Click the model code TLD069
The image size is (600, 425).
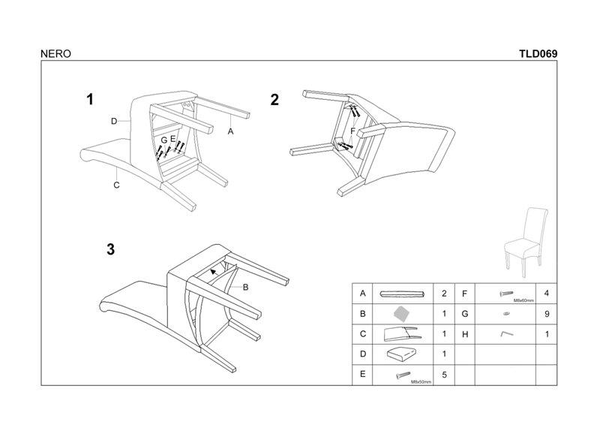pyautogui.click(x=537, y=54)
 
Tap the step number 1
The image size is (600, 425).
pyautogui.click(x=90, y=99)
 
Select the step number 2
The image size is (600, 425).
pyautogui.click(x=274, y=99)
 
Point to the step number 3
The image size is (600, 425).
pyautogui.click(x=110, y=251)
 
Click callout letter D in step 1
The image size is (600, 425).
pyautogui.click(x=114, y=121)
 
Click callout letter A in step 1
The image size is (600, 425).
pyautogui.click(x=231, y=131)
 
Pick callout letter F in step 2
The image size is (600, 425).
pyautogui.click(x=352, y=131)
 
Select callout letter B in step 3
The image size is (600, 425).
pyautogui.click(x=245, y=287)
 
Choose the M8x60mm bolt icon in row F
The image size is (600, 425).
pyautogui.click(x=504, y=293)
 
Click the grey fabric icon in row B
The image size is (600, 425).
pyautogui.click(x=403, y=313)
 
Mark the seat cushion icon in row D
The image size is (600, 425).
pyautogui.click(x=401, y=354)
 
